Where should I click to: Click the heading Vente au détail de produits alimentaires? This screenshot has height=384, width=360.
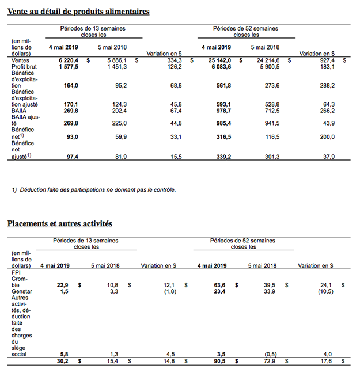pos(78,11)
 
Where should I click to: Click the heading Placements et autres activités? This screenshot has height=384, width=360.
pos(60,223)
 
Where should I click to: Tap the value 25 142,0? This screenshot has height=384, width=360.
pos(217,60)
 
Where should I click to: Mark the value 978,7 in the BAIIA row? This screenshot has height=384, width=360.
pos(221,111)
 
